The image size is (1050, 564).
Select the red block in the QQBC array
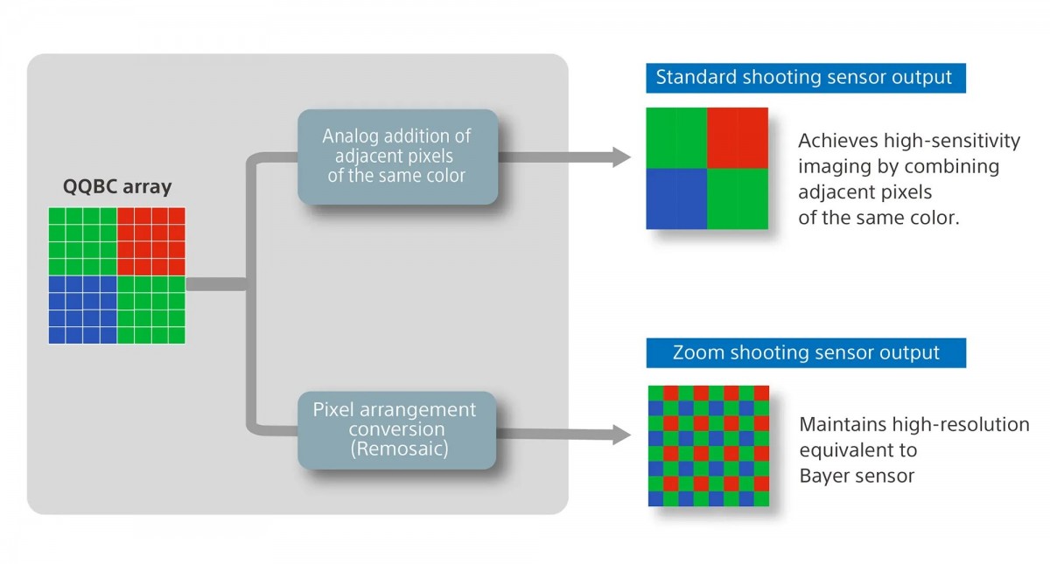pyautogui.click(x=150, y=241)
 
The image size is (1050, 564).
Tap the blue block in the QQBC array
pyautogui.click(x=82, y=310)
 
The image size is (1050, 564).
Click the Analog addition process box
pyautogui.click(x=397, y=157)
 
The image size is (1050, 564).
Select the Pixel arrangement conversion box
pyautogui.click(x=396, y=429)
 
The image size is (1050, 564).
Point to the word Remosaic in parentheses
pyautogui.click(x=395, y=449)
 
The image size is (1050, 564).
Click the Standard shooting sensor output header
pyautogui.click(x=805, y=77)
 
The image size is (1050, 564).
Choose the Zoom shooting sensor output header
pyautogui.click(x=805, y=353)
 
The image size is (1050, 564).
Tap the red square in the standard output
pyautogui.click(x=738, y=137)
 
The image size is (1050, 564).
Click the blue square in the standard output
pyautogui.click(x=676, y=198)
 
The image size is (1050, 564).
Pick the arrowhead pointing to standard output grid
pyautogui.click(x=621, y=157)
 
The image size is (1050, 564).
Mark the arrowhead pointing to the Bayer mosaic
pyautogui.click(x=621, y=435)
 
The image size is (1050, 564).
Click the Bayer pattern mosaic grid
pyautogui.click(x=709, y=446)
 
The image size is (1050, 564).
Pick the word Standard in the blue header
pyautogui.click(x=696, y=77)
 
